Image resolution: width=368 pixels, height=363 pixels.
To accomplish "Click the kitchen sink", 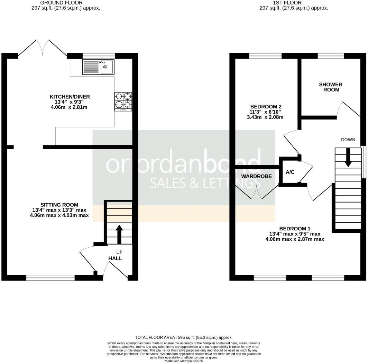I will coord(98,67).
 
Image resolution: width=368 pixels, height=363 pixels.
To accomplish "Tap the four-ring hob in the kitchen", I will coord(123,101).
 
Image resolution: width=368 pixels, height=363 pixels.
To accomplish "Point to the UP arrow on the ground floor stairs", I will coord(119,234).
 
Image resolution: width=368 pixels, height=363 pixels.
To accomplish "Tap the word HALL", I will coord(115,258).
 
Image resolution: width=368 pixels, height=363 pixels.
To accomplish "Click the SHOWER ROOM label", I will coord(330,87).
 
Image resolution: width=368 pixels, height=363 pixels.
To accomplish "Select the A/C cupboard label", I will coord(290,172).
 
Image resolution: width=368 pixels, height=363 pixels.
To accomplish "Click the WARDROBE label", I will coord(256,176).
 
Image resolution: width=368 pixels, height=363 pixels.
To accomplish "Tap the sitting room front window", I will coord(50,277).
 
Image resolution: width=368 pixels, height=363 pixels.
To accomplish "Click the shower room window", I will coord(331,55).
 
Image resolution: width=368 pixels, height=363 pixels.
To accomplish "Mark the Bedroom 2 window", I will coord(265,55).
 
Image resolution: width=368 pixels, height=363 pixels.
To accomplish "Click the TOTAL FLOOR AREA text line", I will coord(184,337).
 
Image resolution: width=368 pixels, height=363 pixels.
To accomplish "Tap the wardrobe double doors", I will coord(257,193).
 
